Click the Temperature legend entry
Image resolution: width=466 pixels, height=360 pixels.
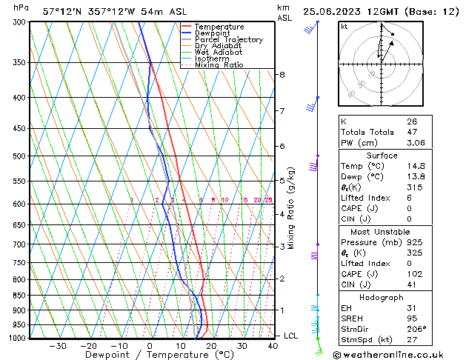point(219,27)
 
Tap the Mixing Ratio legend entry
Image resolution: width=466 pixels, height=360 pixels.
point(219,65)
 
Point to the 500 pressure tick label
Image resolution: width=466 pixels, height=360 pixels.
point(19,156)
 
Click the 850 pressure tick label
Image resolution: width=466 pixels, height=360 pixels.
point(19,296)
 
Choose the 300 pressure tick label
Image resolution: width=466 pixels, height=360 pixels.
point(19,22)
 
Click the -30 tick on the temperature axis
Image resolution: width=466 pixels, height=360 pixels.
point(57,346)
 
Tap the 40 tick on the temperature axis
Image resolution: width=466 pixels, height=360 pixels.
point(273,346)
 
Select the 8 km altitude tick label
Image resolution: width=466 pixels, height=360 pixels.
point(282,75)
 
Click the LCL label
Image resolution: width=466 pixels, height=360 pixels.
point(291,336)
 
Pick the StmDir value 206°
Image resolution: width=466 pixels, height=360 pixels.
point(417,329)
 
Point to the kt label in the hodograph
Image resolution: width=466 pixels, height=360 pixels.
point(344,26)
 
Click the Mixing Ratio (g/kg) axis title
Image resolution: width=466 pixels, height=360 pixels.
point(291,208)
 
